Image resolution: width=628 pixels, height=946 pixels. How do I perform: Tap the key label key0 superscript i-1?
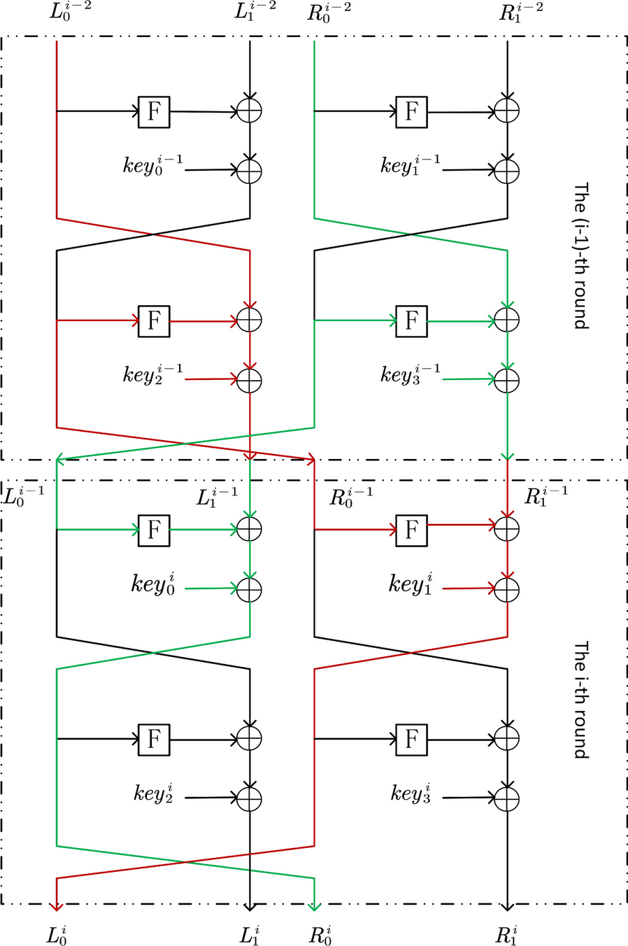[152, 166]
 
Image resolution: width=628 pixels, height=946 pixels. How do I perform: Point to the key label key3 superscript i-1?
[411, 374]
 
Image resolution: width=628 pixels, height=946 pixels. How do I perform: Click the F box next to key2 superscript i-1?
[154, 320]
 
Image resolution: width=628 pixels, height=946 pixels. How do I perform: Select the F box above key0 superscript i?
[154, 530]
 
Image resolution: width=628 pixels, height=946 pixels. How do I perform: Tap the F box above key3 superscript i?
[411, 738]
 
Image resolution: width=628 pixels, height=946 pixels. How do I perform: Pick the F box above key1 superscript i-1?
[411, 111]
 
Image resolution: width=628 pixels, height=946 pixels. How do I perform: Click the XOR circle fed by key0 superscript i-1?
[250, 170]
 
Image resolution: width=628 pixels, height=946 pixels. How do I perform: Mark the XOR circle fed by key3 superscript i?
[507, 798]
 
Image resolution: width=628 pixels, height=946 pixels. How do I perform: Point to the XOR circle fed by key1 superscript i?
[507, 588]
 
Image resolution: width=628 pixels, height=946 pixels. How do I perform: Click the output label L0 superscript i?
[57, 933]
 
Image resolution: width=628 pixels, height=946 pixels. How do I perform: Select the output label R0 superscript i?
[320, 933]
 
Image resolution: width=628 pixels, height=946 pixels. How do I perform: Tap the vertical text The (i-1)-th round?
[581, 255]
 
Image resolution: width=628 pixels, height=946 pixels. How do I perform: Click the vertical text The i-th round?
[581, 700]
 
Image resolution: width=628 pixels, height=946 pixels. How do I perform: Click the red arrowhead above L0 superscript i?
[57, 906]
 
